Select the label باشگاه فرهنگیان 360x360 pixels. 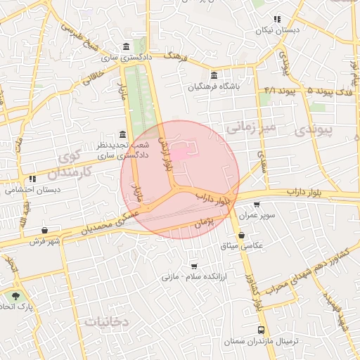[x=214, y=86]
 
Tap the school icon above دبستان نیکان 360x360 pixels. [x=277, y=20]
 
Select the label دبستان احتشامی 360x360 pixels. [x=33, y=190]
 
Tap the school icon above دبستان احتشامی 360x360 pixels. [x=33, y=179]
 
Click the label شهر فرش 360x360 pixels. [x=46, y=241]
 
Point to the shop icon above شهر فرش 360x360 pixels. [x=45, y=231]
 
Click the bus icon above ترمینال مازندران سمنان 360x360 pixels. [x=262, y=330]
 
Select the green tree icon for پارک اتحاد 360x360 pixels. [x=15, y=297]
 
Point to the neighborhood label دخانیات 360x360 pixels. [x=107, y=321]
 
